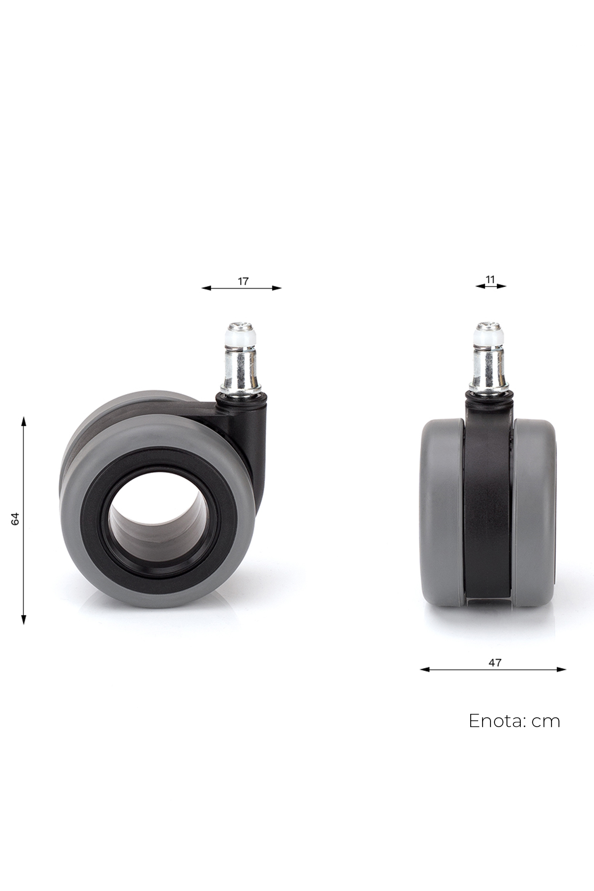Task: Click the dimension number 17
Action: click(x=243, y=281)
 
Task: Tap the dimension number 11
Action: click(x=490, y=280)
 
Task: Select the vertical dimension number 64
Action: click(x=15, y=519)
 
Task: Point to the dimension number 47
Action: click(x=495, y=662)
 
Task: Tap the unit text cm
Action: click(x=546, y=722)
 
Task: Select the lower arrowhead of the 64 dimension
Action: click(x=23, y=619)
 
